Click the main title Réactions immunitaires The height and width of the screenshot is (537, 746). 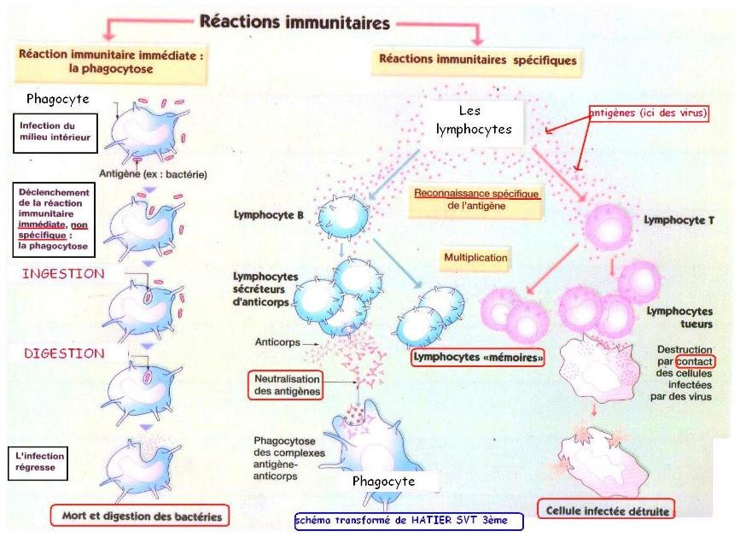tap(294, 22)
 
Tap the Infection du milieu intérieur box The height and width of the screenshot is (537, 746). tap(55, 133)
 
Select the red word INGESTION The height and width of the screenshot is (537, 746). tap(63, 274)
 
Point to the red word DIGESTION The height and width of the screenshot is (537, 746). tap(64, 353)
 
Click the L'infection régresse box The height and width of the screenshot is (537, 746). tap(38, 464)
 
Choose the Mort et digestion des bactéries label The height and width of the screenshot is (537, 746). tap(140, 516)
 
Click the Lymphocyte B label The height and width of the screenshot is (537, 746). tap(268, 215)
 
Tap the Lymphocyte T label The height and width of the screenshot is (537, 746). tap(679, 220)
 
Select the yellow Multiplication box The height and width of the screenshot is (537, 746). tap(475, 258)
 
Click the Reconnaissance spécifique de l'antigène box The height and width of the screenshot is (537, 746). tap(475, 201)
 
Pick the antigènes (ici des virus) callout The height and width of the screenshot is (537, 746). tap(649, 114)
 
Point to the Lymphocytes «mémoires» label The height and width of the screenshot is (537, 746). tap(478, 358)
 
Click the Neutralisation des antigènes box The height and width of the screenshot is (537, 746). tap(287, 385)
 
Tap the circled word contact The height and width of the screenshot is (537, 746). tap(695, 362)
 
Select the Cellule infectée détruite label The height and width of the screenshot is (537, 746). tap(607, 511)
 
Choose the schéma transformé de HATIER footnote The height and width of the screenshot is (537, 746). tap(409, 521)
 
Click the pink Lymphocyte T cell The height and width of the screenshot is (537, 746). tap(608, 228)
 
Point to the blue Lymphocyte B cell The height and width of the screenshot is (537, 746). tap(343, 217)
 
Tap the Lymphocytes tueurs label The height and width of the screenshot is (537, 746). tap(679, 318)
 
